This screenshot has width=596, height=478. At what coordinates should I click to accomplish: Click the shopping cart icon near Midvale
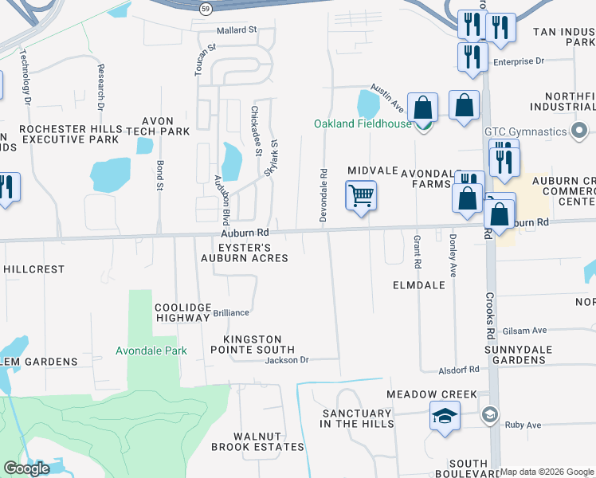click(x=361, y=194)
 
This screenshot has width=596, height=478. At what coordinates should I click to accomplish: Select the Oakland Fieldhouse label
click(x=363, y=123)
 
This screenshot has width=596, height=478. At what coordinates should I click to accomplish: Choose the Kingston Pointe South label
click(x=253, y=344)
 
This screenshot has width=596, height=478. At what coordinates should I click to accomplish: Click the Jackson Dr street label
click(x=287, y=360)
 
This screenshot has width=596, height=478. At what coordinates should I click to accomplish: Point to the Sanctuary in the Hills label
click(x=358, y=418)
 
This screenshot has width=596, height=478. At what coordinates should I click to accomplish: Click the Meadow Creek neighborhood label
click(x=431, y=394)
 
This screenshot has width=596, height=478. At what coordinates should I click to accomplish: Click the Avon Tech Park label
click(x=159, y=126)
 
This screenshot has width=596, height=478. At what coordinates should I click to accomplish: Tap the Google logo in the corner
click(x=26, y=468)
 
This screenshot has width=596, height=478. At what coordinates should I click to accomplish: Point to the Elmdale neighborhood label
click(x=418, y=284)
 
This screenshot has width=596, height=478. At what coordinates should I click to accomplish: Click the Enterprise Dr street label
click(x=518, y=61)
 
